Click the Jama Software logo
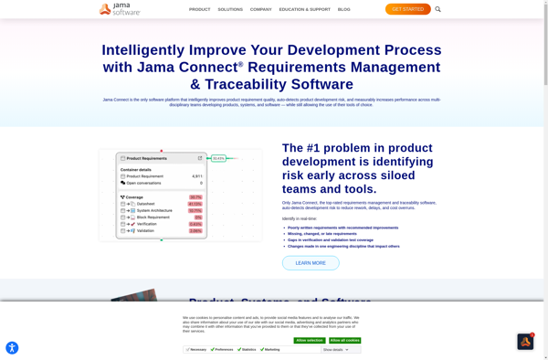tap(120, 9)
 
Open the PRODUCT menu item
tap(199, 9)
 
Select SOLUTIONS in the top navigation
tap(230, 9)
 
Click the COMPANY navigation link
tap(261, 9)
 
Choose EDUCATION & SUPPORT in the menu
tap(305, 9)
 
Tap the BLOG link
tap(343, 9)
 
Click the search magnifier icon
tap(438, 9)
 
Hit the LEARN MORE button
tap(311, 263)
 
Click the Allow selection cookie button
tap(309, 340)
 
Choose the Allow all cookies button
tap(344, 340)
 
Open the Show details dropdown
tap(336, 349)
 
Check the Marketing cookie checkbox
tap(261, 349)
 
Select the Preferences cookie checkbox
tap(213, 349)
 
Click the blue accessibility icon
tap(12, 347)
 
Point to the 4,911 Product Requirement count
tap(197, 176)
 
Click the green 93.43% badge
tap(218, 158)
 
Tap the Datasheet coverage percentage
tap(195, 204)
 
